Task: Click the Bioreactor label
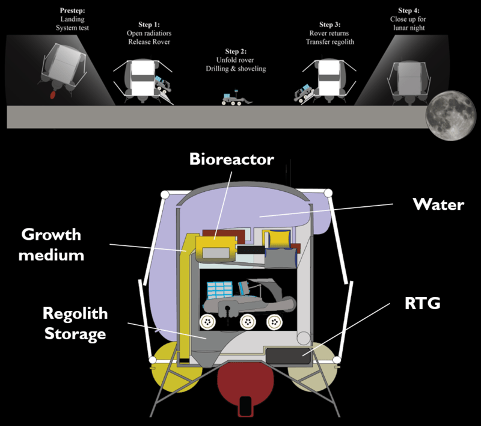231,159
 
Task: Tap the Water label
438,204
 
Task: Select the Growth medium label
51,244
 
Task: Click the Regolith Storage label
75,323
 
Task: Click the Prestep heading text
73,11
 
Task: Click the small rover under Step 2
233,100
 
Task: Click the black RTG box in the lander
287,356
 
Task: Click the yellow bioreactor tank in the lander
214,248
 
